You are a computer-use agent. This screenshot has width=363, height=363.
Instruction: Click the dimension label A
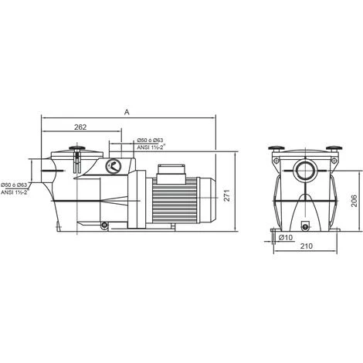pyautogui.click(x=126, y=112)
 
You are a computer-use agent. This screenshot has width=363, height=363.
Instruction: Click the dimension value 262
pyautogui.click(x=75, y=127)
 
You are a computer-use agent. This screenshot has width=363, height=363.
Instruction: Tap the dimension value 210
pyautogui.click(x=306, y=247)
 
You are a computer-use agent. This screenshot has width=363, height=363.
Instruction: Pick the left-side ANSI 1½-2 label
pyautogui.click(x=16, y=192)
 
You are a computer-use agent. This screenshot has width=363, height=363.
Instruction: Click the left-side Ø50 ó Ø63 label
pyautogui.click(x=16, y=185)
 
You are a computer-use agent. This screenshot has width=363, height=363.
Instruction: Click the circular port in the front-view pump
pyautogui.click(x=304, y=171)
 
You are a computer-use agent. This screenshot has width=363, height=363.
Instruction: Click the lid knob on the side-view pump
pyautogui.click(x=76, y=149)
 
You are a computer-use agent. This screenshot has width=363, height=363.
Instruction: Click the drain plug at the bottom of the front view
pyautogui.click(x=304, y=226)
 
